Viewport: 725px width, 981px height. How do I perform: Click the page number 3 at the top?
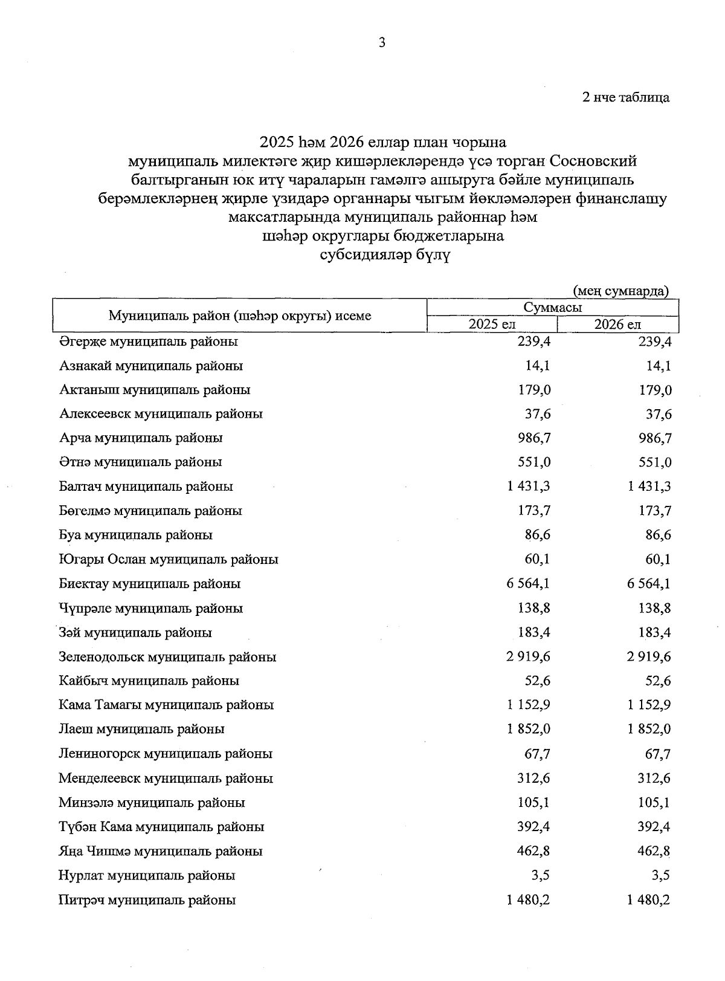click(x=381, y=42)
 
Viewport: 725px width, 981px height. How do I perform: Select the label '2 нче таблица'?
click(x=625, y=97)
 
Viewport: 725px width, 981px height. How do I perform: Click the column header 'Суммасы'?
click(x=552, y=307)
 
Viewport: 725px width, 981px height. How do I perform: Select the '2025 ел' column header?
click(x=492, y=325)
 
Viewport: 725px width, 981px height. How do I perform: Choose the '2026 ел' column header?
click(x=617, y=325)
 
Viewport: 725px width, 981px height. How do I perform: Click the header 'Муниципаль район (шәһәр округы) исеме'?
click(x=240, y=316)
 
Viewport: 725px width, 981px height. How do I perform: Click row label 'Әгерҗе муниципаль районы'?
click(x=148, y=342)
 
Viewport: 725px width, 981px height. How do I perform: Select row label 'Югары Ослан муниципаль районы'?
click(x=169, y=560)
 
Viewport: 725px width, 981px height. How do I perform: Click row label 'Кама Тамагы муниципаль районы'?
click(x=166, y=705)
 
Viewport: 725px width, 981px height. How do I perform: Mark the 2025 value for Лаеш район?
click(x=528, y=730)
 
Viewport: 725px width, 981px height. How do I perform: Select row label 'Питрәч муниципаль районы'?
click(x=147, y=900)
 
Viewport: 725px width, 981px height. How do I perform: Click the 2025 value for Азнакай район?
click(x=538, y=366)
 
